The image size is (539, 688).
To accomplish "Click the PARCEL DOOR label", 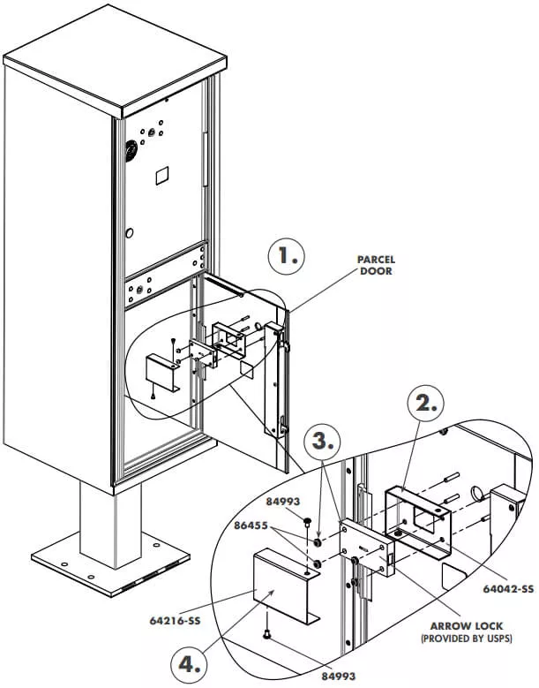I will point(377,266).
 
